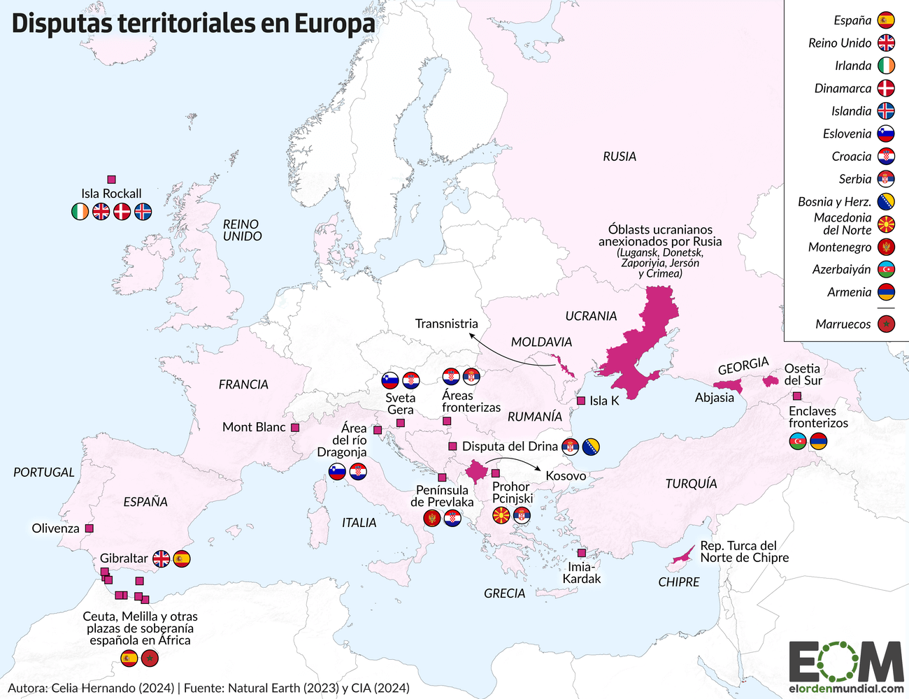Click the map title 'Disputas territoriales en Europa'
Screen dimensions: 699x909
(193, 23)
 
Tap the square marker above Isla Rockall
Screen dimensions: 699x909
(111, 180)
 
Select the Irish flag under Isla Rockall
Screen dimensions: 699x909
(80, 211)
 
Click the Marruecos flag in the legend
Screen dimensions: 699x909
(886, 324)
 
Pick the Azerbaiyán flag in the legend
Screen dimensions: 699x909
(886, 270)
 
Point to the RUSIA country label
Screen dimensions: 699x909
(620, 157)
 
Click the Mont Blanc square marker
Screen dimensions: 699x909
(295, 427)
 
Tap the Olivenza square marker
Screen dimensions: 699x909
(89, 528)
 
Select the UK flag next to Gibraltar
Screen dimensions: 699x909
(162, 559)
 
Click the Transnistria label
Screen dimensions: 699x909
(446, 324)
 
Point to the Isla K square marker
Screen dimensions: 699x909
(580, 401)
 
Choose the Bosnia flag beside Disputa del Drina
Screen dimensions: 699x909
(591, 447)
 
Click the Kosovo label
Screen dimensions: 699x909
(566, 476)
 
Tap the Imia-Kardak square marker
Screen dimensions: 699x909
(581, 552)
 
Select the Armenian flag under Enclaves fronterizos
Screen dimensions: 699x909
(818, 441)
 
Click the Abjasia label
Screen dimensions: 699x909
(714, 398)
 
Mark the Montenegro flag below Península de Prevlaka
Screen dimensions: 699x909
(432, 519)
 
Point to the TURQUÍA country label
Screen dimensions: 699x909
(691, 484)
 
